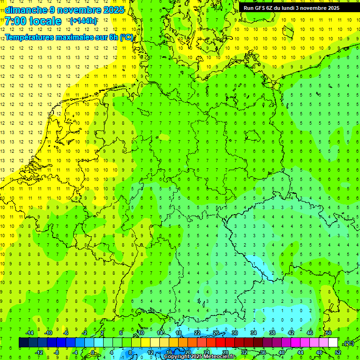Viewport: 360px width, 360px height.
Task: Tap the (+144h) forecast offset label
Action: [x=83, y=21]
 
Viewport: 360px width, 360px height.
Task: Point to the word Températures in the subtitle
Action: [x=28, y=37]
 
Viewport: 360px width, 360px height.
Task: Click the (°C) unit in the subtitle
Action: [x=126, y=37]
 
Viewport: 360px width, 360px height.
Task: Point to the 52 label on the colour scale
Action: [x=338, y=352]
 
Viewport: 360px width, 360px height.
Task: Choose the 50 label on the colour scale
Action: [x=329, y=333]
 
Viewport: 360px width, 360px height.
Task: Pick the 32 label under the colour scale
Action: [x=244, y=352]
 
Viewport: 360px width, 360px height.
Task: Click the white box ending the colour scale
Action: [x=333, y=343]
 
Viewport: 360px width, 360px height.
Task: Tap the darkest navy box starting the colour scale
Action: [x=23, y=343]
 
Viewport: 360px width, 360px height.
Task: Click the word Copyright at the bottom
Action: [x=176, y=357]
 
